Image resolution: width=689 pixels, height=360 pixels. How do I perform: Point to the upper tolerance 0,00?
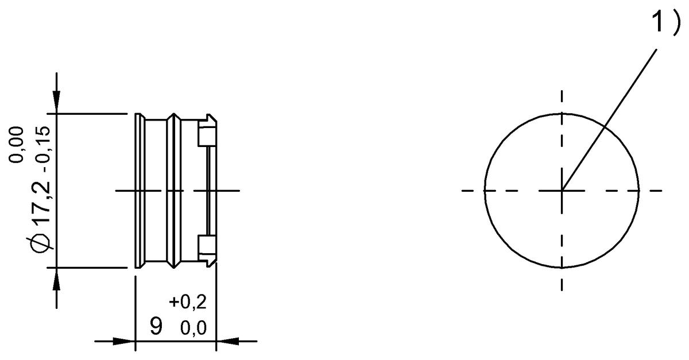pyautogui.click(x=17, y=145)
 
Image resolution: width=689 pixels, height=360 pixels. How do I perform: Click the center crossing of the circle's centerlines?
pyautogui.click(x=562, y=190)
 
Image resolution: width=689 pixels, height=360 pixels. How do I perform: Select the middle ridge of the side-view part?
pyautogui.click(x=173, y=190)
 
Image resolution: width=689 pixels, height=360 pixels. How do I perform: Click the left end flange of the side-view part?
pyautogui.click(x=138, y=190)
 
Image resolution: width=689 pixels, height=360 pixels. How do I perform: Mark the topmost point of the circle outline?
pyautogui.click(x=562, y=113)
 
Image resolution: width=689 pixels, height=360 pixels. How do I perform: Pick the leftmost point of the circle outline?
pyautogui.click(x=485, y=190)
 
